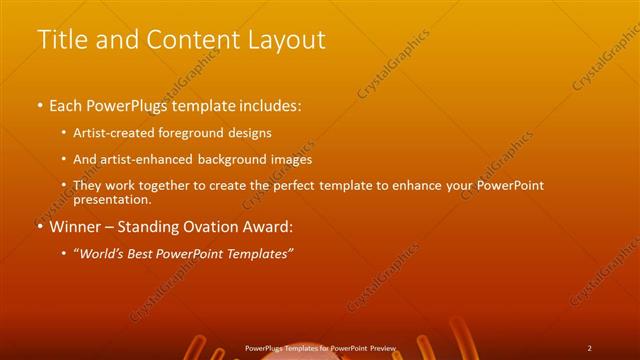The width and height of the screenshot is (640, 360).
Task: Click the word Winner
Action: [74, 227]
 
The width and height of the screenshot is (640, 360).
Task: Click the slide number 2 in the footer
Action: [590, 348]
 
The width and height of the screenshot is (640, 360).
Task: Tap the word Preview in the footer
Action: [383, 348]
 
